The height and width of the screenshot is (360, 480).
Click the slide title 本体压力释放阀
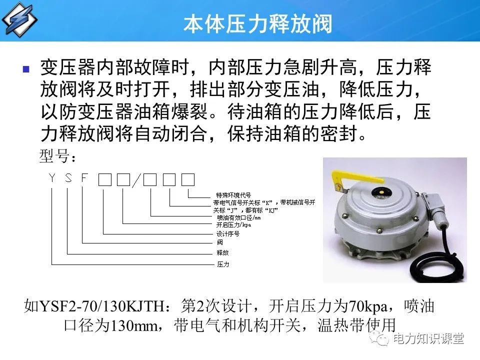click(257, 24)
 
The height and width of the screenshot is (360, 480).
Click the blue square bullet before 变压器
click(26, 69)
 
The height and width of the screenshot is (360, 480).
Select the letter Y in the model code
click(52, 177)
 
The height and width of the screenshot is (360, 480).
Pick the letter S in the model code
click(68, 177)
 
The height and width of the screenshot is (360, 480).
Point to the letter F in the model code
click(84, 177)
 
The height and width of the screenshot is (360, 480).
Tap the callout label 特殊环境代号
click(233, 195)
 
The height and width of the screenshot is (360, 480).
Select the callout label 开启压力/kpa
click(233, 225)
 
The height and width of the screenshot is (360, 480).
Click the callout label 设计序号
click(227, 233)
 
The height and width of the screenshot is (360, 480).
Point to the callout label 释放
click(222, 252)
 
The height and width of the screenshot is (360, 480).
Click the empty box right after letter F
click(104, 179)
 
